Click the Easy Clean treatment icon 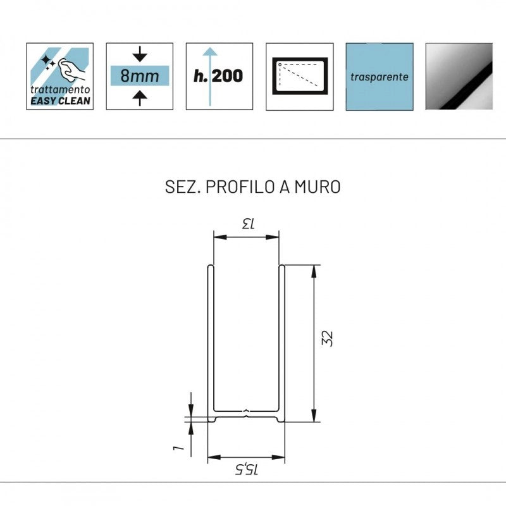59,76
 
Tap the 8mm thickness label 140,76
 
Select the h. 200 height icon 219,76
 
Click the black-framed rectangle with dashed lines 300,76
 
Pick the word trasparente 379,77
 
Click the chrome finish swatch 459,76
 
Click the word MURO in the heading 318,187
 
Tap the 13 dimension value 249,223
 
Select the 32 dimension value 327,338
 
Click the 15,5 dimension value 247,469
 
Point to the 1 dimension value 178,448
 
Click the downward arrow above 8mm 140,54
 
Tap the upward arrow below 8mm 140,98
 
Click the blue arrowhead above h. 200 211,51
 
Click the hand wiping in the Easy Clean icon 71,70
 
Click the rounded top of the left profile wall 211,266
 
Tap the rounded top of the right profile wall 281,266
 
